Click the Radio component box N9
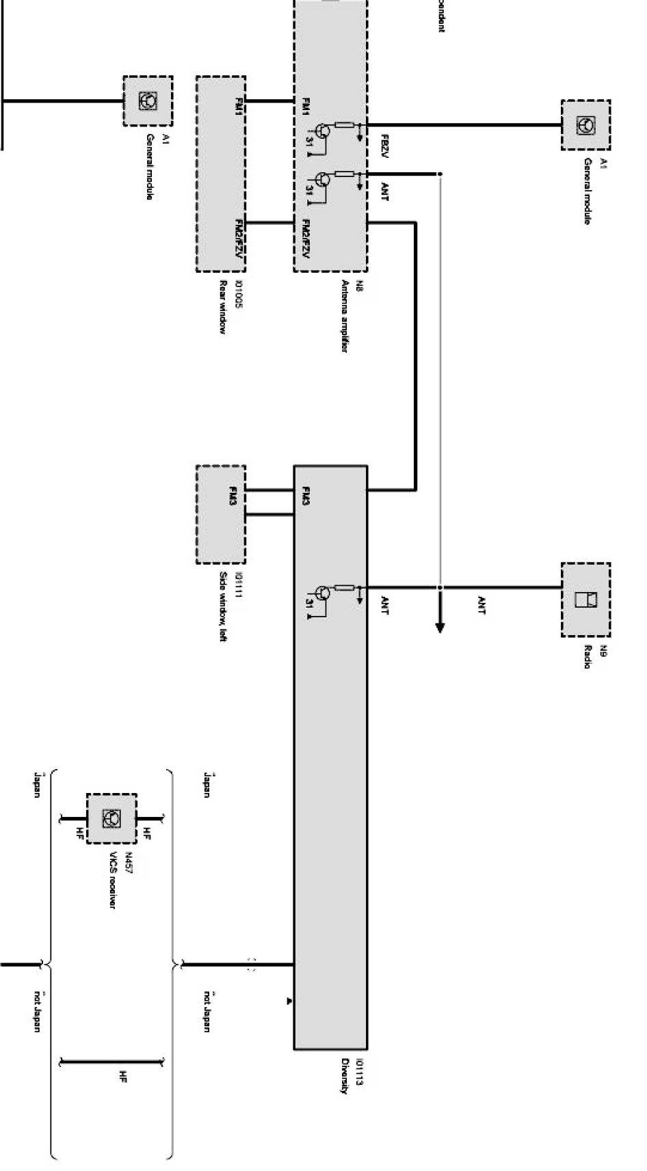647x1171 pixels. coord(585,600)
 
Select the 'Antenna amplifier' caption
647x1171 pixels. coord(345,315)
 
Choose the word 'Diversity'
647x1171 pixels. coord(345,1076)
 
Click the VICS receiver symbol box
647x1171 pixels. coord(111,818)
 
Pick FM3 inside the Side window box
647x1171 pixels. coord(233,496)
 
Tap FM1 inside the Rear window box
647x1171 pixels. coord(239,107)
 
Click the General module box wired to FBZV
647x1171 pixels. coord(585,124)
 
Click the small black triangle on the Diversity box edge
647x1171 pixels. coord(289,1001)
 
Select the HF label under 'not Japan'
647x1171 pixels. coord(122,1077)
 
